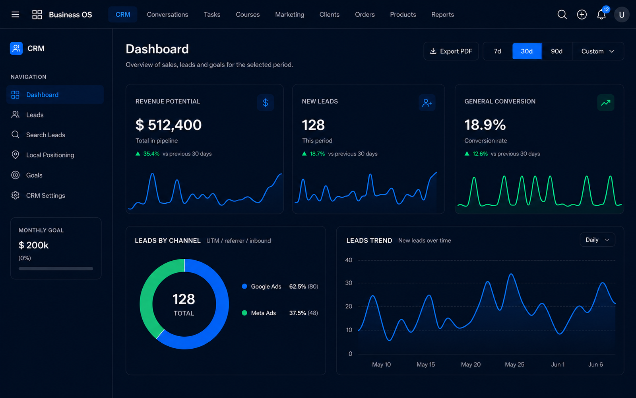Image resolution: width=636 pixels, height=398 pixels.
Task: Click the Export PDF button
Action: [451, 51]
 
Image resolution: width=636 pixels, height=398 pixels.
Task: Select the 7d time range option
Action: [497, 51]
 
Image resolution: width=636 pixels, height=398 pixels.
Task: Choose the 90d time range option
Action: [556, 51]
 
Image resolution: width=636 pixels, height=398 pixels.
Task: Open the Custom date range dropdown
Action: [598, 51]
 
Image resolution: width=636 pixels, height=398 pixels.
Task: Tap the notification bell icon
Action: [601, 14]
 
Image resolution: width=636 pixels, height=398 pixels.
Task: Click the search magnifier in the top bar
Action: [562, 14]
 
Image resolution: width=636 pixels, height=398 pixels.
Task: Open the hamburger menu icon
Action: [16, 14]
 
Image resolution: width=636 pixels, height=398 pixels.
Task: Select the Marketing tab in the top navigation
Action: [290, 14]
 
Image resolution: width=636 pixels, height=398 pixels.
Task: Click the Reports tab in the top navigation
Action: [442, 14]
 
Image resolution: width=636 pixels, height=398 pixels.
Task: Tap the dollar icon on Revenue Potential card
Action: [265, 103]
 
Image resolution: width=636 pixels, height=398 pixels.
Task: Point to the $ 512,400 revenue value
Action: [169, 125]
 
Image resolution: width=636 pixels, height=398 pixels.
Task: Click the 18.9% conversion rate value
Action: [485, 125]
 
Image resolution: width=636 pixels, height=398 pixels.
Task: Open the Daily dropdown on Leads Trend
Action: [597, 240]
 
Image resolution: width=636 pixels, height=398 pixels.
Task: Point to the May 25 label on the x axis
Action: [514, 365]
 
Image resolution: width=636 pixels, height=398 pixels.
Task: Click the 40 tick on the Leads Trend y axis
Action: [349, 260]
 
